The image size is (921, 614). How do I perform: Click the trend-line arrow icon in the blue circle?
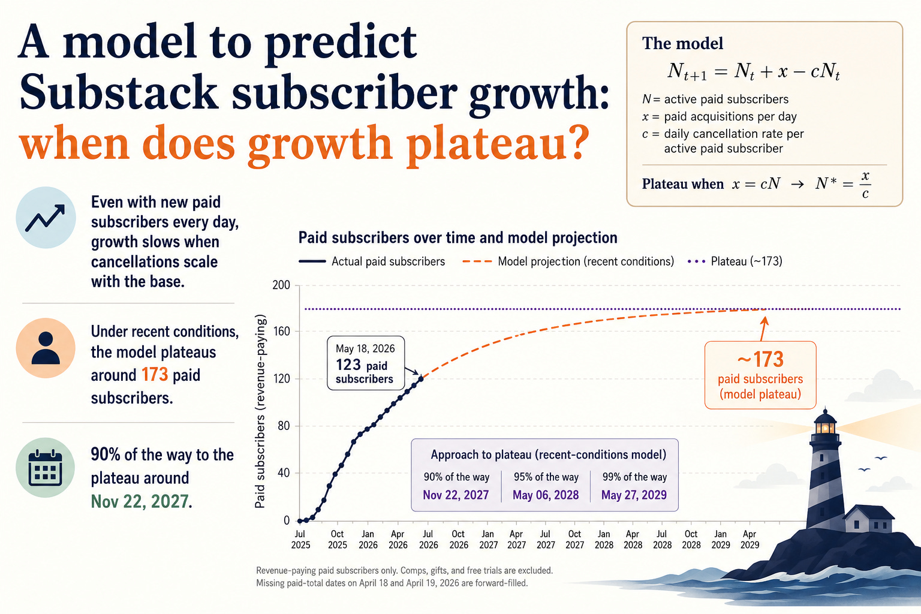[45, 218]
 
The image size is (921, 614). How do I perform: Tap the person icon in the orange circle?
[46, 348]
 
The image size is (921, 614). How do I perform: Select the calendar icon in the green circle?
[45, 468]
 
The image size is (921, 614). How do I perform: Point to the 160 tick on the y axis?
[281, 332]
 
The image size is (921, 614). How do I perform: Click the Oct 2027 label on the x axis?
[574, 539]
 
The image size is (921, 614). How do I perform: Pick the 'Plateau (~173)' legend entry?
[735, 261]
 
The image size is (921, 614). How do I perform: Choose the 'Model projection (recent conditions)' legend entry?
[568, 261]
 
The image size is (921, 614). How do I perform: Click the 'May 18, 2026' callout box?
[366, 363]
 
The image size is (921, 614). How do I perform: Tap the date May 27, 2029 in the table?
[634, 494]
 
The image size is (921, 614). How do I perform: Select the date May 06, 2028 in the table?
[546, 494]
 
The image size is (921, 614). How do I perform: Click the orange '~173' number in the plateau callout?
[760, 359]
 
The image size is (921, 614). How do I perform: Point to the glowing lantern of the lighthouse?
[825, 428]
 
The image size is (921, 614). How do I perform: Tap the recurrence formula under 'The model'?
[753, 71]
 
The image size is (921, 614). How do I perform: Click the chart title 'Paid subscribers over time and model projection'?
[458, 237]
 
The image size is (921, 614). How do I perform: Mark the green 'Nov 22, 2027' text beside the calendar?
[140, 501]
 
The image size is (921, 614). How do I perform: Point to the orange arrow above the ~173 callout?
[763, 328]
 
